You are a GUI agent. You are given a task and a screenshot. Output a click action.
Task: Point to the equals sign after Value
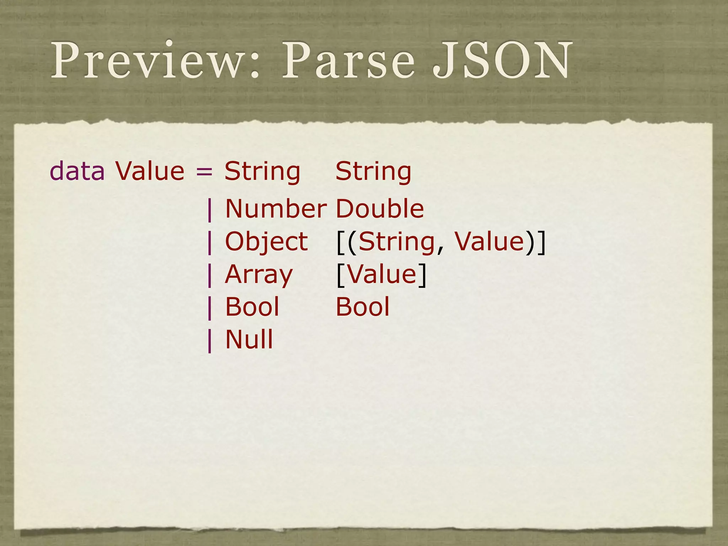(204, 172)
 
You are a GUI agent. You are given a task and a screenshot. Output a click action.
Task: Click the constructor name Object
(266, 242)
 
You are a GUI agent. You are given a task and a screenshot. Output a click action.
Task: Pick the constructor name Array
(259, 275)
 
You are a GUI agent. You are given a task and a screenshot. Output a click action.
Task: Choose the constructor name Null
(249, 339)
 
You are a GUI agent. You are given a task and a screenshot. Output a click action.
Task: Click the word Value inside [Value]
(381, 274)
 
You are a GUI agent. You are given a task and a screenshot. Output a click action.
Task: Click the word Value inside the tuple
(489, 242)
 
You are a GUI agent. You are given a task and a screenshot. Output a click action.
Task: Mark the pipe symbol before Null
(210, 341)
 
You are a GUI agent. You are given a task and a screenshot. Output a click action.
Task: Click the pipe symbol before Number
(210, 210)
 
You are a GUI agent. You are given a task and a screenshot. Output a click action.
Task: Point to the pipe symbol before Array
(210, 275)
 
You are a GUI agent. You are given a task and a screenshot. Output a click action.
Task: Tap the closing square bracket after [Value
(422, 275)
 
